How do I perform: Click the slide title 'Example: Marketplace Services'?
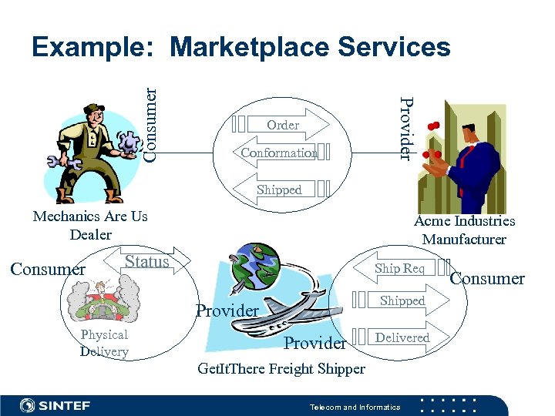(x=240, y=47)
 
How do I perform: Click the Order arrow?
(x=283, y=124)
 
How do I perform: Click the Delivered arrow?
(x=403, y=337)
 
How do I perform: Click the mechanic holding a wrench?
(x=91, y=151)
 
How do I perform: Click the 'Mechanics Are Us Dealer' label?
(x=90, y=225)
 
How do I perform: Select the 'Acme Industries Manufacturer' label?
(x=464, y=230)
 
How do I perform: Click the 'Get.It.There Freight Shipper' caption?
(x=281, y=369)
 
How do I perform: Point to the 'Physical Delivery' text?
(x=104, y=343)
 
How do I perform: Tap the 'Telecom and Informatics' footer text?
(x=355, y=407)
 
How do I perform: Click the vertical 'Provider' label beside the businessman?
(x=406, y=127)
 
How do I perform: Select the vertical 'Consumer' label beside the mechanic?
(x=151, y=123)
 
